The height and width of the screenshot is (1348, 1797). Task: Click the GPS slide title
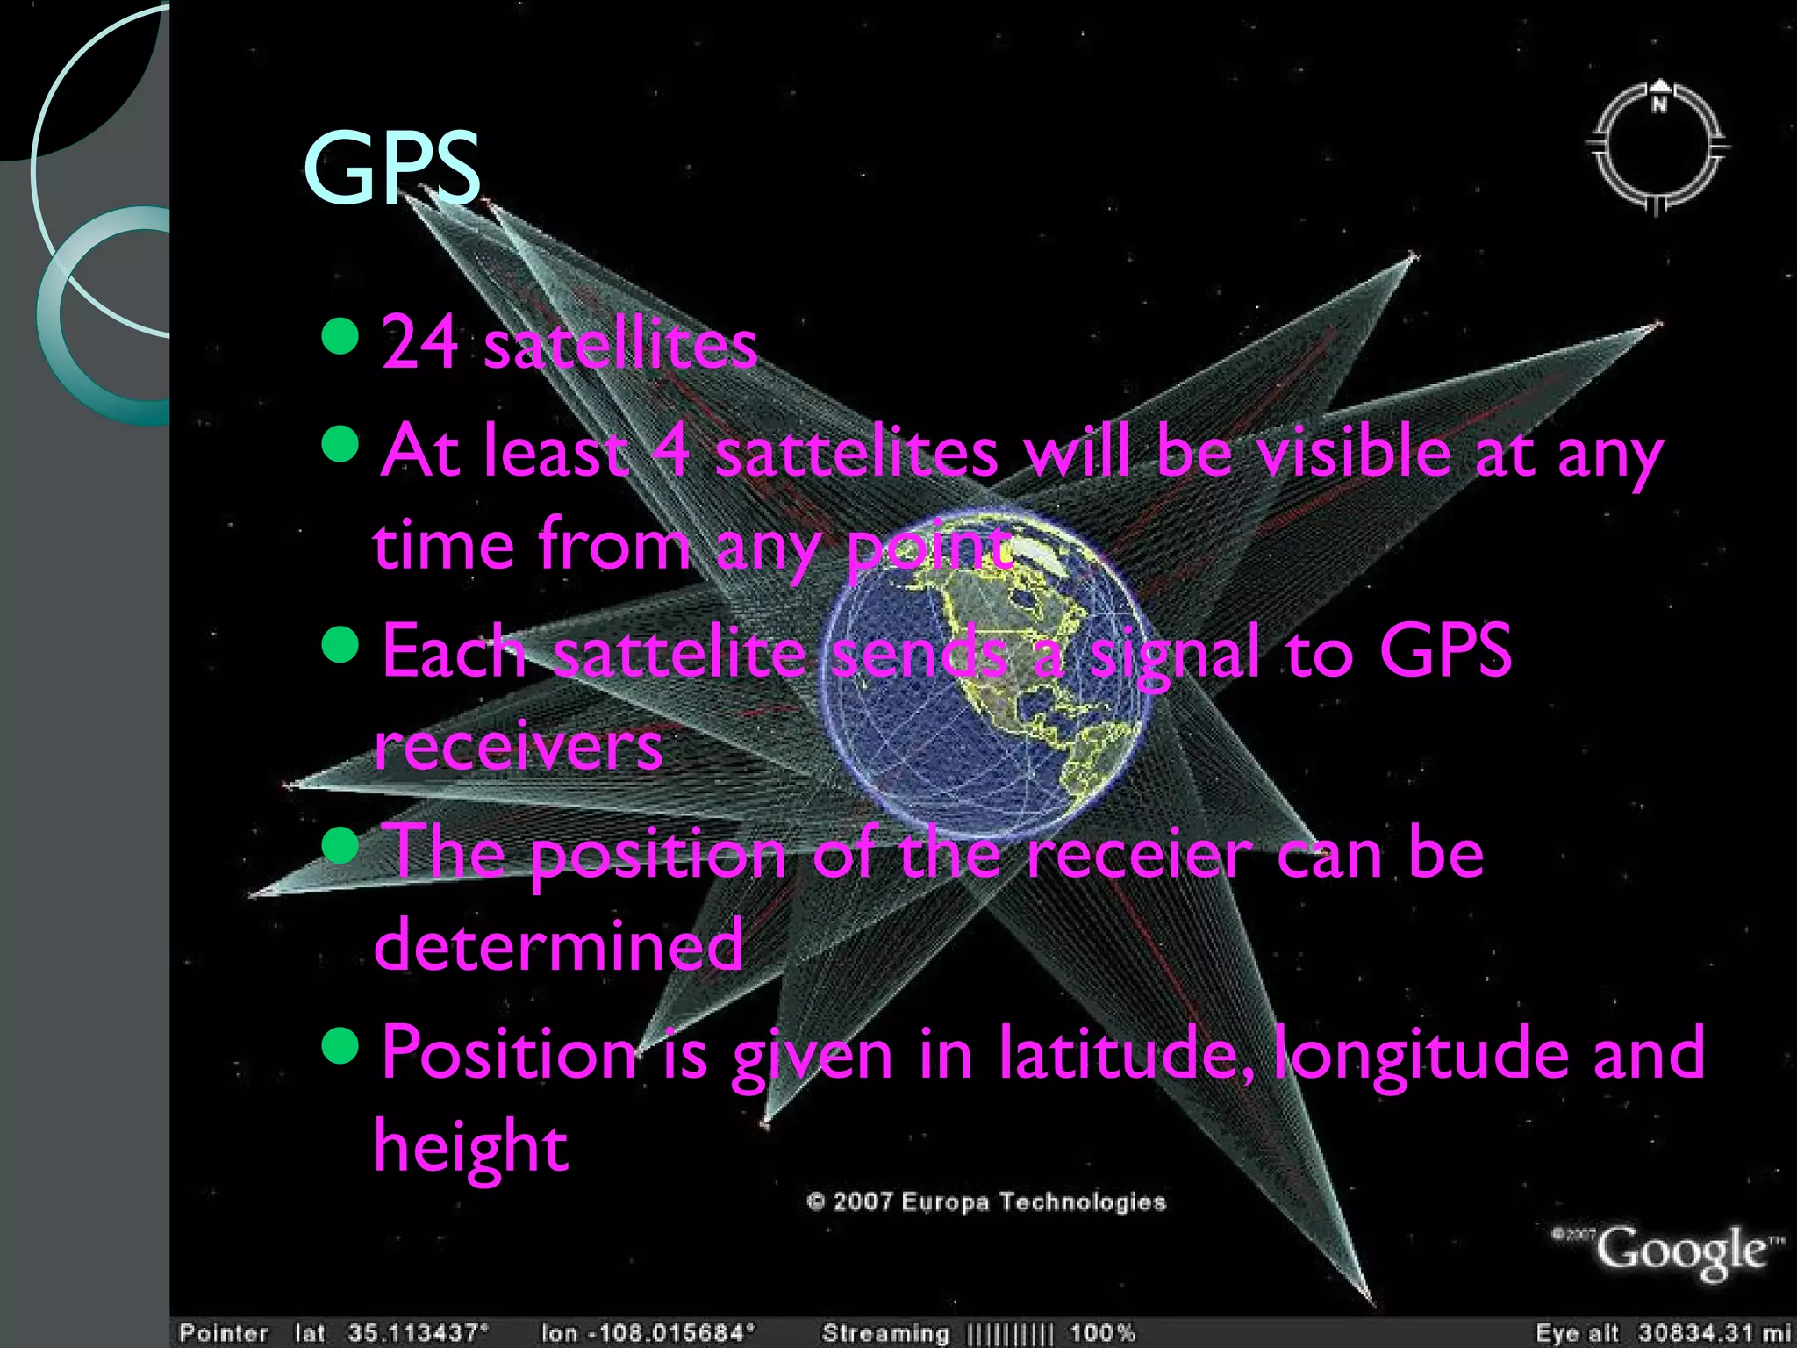click(x=391, y=168)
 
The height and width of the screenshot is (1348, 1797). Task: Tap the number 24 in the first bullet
click(x=419, y=342)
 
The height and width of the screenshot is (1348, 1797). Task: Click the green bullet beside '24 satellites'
click(x=340, y=335)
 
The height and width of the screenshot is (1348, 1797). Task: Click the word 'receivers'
click(x=519, y=746)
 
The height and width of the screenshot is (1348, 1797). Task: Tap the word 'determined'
click(x=559, y=944)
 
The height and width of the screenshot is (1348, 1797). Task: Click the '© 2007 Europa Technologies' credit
click(x=986, y=1201)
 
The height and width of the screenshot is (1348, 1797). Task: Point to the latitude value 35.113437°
click(x=418, y=1333)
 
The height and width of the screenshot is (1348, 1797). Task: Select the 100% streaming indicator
click(x=1102, y=1333)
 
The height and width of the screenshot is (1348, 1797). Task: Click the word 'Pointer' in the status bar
click(x=224, y=1333)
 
